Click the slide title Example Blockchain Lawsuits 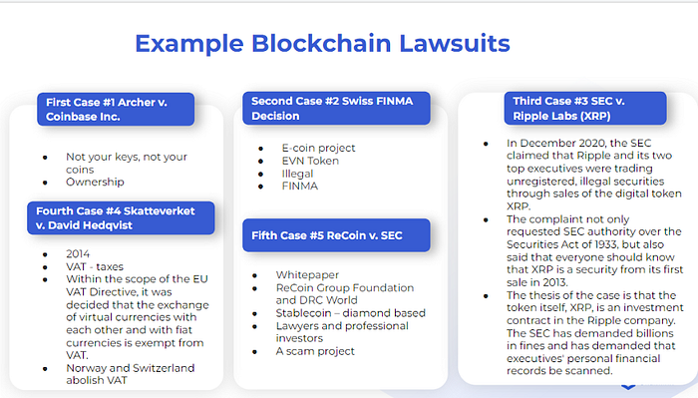coord(322,44)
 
